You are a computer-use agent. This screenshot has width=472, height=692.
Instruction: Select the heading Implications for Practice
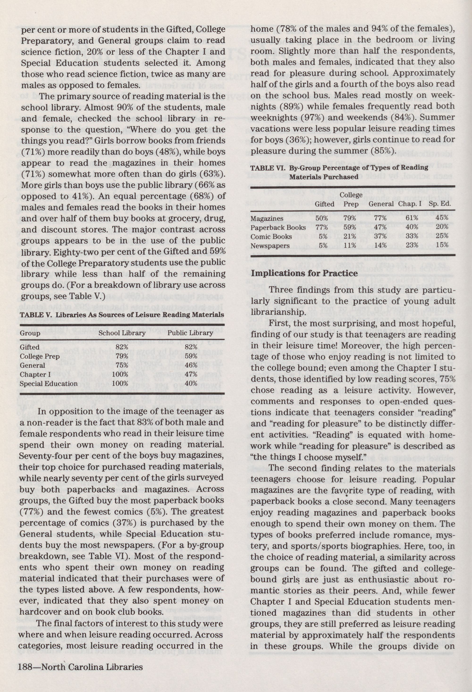[x=304, y=273]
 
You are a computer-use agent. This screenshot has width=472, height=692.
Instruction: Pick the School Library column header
[x=122, y=333]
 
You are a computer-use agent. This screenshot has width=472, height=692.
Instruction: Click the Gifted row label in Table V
[x=30, y=347]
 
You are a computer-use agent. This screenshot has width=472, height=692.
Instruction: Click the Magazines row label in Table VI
[x=267, y=219]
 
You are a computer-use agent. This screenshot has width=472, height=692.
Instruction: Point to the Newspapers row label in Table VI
[x=270, y=246]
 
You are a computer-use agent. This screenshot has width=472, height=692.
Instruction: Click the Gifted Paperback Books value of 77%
[x=321, y=228]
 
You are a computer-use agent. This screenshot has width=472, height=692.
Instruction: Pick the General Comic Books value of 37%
[x=380, y=237]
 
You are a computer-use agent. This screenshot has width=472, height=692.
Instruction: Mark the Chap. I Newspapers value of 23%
[x=412, y=246]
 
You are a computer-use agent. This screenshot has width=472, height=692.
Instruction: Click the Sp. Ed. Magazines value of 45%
[x=442, y=218]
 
